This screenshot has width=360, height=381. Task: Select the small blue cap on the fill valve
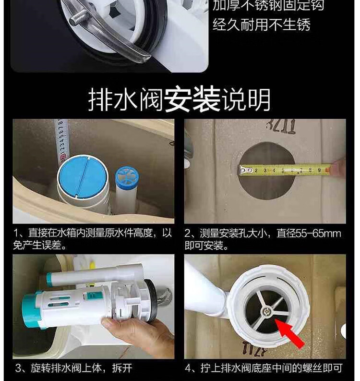[x=127, y=178]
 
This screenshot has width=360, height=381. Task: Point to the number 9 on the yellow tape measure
[x=319, y=171]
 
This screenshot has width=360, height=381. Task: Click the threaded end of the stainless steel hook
[x=78, y=18]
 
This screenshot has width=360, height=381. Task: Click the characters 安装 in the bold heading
[x=192, y=100]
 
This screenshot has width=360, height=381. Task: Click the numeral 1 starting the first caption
[x=16, y=234]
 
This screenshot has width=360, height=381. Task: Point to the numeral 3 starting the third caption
[x=18, y=368]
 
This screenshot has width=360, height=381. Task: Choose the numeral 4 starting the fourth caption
[x=188, y=368]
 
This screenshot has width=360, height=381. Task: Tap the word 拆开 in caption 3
[x=122, y=368]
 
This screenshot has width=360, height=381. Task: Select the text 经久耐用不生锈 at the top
[x=262, y=25]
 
